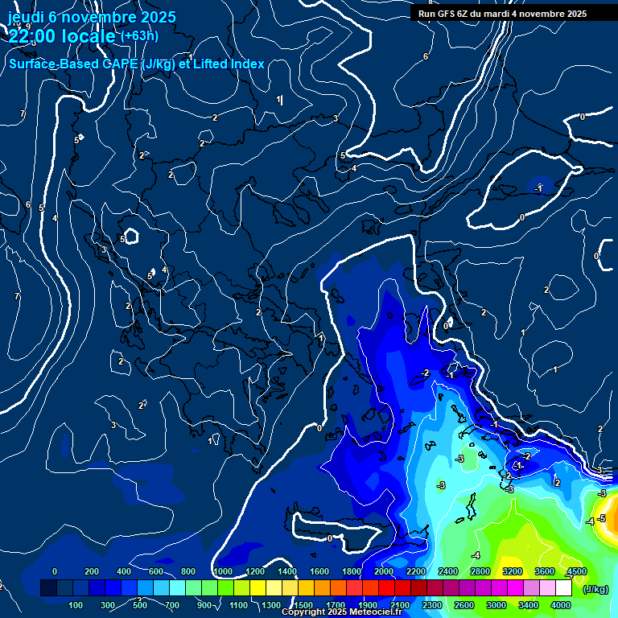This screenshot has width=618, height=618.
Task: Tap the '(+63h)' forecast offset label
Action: point(139,35)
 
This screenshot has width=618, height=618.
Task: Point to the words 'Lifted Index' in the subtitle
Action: point(228,64)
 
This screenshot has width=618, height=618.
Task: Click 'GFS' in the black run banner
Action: point(447,14)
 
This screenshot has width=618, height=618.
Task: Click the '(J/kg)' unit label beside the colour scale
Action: point(595,590)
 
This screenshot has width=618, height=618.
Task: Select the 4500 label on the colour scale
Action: point(576,571)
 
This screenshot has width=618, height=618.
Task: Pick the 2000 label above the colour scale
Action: point(384,571)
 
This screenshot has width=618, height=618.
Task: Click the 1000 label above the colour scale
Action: point(223,571)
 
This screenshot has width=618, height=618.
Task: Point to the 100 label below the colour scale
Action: point(76,605)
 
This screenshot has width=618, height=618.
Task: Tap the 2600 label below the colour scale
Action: point(464,605)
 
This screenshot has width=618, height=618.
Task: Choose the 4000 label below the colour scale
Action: point(561,605)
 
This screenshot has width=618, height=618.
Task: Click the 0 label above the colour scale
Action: point(55,571)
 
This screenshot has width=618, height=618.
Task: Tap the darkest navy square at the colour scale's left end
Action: point(48,588)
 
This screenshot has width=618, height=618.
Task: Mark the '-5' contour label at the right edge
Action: point(601,519)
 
